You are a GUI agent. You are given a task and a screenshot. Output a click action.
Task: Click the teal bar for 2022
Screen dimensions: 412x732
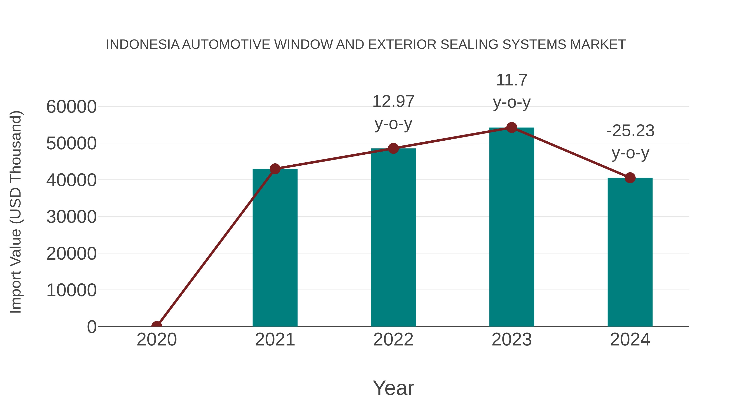[393, 237]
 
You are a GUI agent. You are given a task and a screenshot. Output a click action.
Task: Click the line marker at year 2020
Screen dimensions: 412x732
[157, 326]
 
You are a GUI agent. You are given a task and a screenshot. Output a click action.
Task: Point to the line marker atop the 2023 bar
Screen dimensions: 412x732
[512, 128]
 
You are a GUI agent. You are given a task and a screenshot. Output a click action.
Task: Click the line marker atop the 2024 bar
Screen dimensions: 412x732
[630, 178]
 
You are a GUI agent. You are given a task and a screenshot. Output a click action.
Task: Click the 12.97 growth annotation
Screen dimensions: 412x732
[393, 112]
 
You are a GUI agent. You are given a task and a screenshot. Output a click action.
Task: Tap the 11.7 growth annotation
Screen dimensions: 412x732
[512, 91]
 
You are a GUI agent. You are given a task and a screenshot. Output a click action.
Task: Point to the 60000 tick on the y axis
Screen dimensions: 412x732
[71, 107]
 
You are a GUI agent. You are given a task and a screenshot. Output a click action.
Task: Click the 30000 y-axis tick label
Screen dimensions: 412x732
[71, 217]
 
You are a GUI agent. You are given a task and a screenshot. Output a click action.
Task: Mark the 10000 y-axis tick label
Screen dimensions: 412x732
[71, 290]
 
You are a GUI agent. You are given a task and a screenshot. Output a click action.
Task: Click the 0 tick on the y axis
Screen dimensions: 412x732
[91, 327]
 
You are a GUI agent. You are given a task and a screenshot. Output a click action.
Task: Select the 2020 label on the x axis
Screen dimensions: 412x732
[157, 340]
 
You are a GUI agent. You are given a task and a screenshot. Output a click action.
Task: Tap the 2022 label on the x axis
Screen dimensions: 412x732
[393, 340]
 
